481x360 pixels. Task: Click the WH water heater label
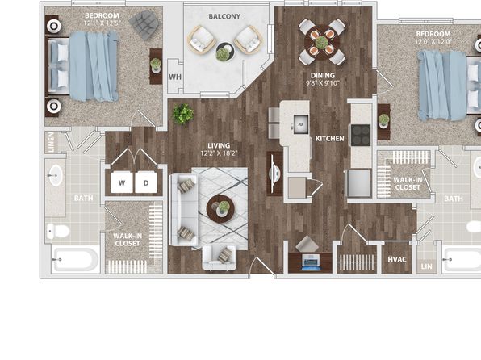pyautogui.click(x=175, y=77)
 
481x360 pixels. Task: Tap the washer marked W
pyautogui.click(x=122, y=182)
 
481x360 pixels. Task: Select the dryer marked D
pyautogui.click(x=146, y=182)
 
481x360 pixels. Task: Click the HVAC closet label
pyautogui.click(x=397, y=259)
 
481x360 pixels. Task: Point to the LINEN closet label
pyautogui.click(x=51, y=142)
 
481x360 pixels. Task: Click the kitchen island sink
pyautogui.click(x=300, y=124)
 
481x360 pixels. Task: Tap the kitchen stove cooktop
pyautogui.click(x=361, y=135)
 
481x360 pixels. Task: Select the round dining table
pyautogui.click(x=321, y=42)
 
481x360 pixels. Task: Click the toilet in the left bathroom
pyautogui.click(x=58, y=231)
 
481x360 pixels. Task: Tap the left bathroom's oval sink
pyautogui.click(x=56, y=175)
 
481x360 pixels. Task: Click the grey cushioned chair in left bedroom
pyautogui.click(x=144, y=25)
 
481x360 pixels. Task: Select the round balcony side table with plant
pyautogui.click(x=225, y=51)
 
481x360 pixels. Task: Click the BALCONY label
pyautogui.click(x=224, y=16)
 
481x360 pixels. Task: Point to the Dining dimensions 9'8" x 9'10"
pyautogui.click(x=323, y=83)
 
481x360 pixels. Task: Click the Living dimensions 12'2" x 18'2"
pyautogui.click(x=219, y=153)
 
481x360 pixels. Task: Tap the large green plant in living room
pyautogui.click(x=183, y=114)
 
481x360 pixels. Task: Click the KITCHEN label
pyautogui.click(x=330, y=139)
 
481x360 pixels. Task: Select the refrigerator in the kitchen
pyautogui.click(x=359, y=183)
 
